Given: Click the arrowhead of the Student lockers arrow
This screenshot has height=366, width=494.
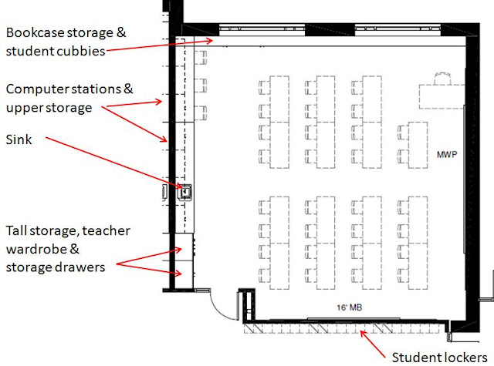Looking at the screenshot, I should [363, 331].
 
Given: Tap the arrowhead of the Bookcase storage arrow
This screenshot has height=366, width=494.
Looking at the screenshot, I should [214, 40].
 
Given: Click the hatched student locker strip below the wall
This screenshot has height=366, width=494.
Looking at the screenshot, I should [340, 329].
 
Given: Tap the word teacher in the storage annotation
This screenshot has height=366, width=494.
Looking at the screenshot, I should [110, 230].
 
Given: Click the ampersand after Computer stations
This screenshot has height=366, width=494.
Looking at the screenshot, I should [128, 89].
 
